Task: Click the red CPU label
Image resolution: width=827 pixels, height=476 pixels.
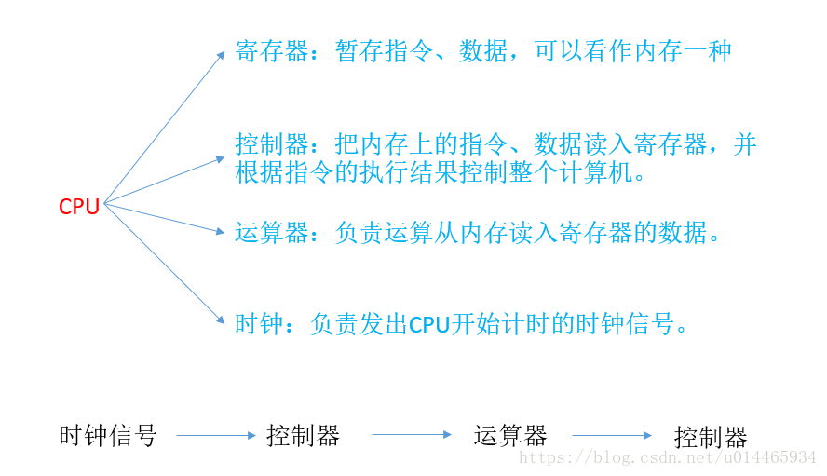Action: (79, 207)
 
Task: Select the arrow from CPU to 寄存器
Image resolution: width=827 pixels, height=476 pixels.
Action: (165, 127)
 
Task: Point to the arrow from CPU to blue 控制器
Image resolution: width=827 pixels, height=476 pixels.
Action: (165, 180)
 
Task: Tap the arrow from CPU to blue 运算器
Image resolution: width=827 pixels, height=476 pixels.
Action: (165, 219)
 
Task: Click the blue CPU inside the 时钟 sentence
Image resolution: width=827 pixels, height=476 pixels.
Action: (429, 325)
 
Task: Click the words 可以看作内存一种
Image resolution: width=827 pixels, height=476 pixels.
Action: (633, 51)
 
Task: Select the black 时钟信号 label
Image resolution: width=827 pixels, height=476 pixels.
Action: (108, 435)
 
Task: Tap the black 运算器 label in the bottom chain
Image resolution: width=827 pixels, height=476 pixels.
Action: (509, 435)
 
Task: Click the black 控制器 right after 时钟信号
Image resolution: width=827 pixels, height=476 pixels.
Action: (303, 435)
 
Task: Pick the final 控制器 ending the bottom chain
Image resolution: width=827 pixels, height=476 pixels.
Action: (711, 437)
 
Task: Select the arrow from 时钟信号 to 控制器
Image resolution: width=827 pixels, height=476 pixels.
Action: (215, 435)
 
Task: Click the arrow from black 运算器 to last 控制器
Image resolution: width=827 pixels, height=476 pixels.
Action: (612, 435)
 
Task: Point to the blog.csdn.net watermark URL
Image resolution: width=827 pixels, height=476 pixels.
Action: (667, 458)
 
